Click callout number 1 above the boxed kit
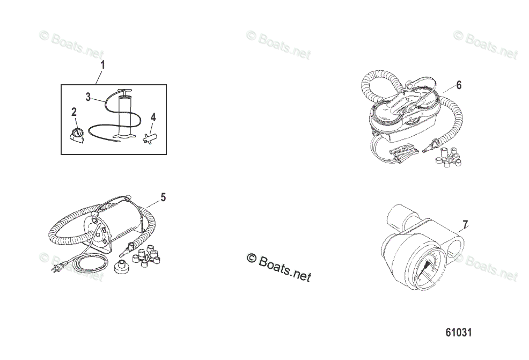(103, 65)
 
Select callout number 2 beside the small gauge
(74, 112)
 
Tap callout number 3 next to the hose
(89, 97)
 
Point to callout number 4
(153, 116)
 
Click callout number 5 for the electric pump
(163, 197)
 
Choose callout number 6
(459, 85)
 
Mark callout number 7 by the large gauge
(465, 224)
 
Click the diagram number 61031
(458, 333)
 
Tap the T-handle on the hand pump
(124, 91)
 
